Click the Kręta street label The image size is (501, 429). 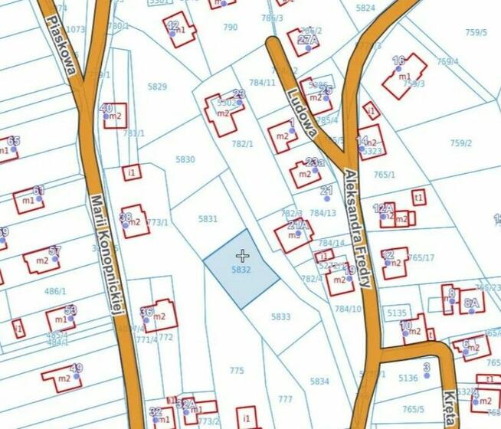click(450, 409)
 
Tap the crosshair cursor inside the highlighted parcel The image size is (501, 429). click(242, 255)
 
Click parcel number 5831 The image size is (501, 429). click(208, 219)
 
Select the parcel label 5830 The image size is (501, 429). click(185, 159)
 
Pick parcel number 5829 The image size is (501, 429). click(157, 87)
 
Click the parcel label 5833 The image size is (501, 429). click(280, 316)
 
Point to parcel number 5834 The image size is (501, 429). click(319, 381)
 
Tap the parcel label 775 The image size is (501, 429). click(237, 371)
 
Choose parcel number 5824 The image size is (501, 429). click(366, 8)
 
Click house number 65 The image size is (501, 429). click(13, 141)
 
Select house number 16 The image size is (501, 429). click(398, 61)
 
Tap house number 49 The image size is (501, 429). click(76, 368)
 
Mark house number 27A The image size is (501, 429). click(308, 40)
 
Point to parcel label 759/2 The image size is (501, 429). click(461, 142)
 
